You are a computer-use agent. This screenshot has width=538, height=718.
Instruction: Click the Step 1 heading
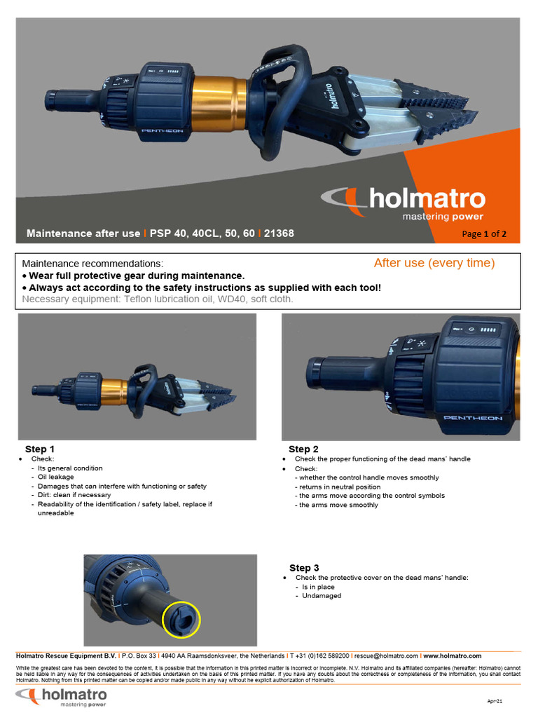point(40,449)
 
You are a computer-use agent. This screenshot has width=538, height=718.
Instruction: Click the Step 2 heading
point(303,449)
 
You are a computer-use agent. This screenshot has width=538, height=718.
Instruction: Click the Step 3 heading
point(304,567)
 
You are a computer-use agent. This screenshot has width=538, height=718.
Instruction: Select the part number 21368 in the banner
point(279,233)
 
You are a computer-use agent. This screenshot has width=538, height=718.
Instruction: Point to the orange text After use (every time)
point(434,263)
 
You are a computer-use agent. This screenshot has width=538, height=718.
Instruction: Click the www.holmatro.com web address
point(452,656)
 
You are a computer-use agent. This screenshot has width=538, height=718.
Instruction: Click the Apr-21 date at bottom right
point(495,700)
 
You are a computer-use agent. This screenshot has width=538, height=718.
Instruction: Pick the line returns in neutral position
point(328,487)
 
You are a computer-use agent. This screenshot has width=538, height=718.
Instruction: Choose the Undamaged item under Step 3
point(322,595)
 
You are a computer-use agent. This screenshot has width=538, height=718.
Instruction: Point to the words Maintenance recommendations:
point(92,264)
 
